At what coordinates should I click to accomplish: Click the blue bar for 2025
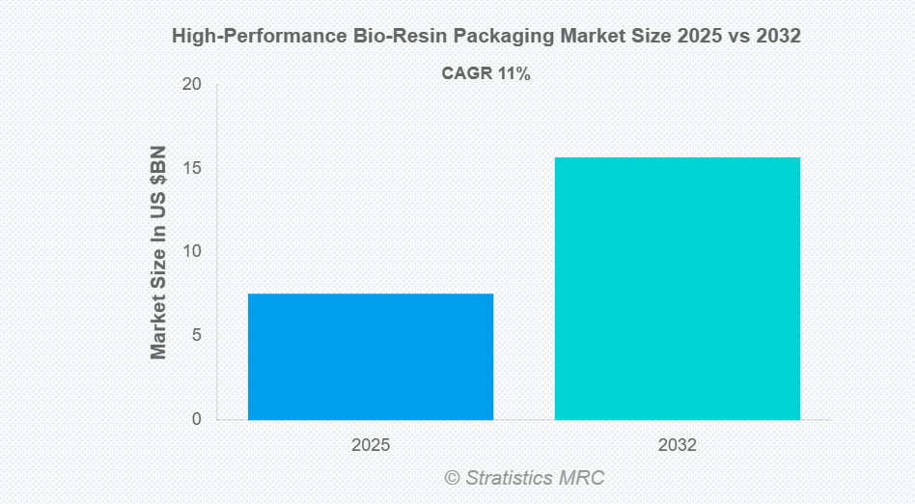pos(371,356)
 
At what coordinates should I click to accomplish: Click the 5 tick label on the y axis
pos(196,336)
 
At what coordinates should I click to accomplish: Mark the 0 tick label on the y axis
pos(196,419)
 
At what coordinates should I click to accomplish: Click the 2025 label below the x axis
pos(371,446)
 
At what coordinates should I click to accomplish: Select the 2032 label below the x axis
pos(677,446)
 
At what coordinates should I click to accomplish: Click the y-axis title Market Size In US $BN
pos(159,252)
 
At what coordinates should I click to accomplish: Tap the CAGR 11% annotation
pos(485,73)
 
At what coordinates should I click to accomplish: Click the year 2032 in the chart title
pos(778,37)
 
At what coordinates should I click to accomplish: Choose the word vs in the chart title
pos(735,37)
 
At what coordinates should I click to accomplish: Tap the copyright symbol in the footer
pos(452,478)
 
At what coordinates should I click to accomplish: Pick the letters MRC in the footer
pos(585,478)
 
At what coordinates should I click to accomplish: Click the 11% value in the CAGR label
pos(513,73)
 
